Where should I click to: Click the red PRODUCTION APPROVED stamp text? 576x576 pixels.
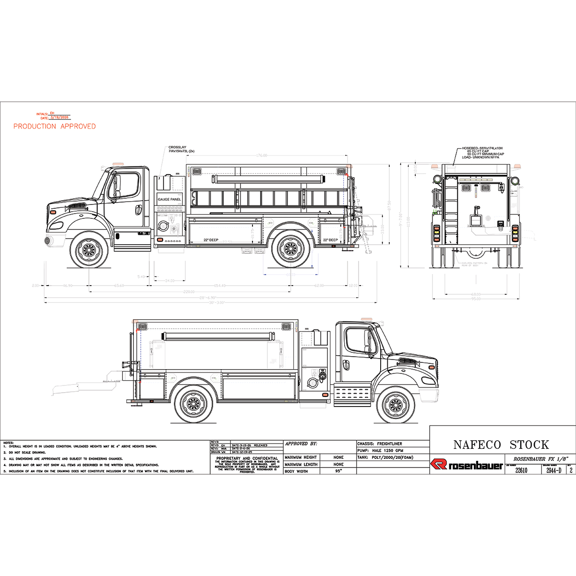(x=54, y=126)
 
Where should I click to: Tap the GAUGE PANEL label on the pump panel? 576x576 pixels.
(x=169, y=199)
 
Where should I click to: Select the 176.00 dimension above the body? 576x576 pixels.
(x=261, y=156)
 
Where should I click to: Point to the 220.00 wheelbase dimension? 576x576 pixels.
(x=189, y=291)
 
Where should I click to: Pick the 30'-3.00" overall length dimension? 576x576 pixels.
(x=216, y=303)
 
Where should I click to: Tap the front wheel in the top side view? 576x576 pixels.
(x=89, y=249)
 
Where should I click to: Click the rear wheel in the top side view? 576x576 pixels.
(x=291, y=248)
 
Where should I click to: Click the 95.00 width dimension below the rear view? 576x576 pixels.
(x=475, y=299)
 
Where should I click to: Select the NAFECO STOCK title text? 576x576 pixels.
(x=501, y=444)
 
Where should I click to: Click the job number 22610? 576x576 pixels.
(x=521, y=470)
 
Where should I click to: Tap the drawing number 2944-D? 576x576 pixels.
(x=553, y=470)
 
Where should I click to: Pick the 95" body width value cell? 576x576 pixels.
(x=338, y=471)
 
